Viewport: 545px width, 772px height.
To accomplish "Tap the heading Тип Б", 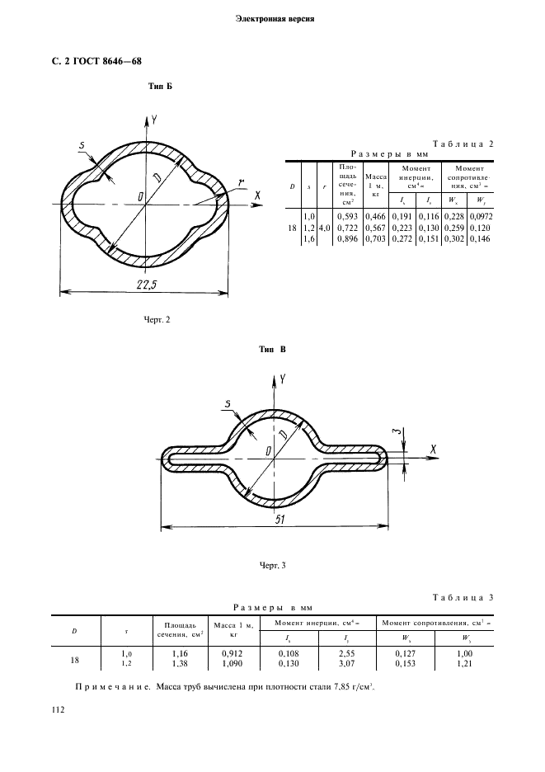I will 159,87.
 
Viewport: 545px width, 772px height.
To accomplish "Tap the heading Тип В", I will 273,350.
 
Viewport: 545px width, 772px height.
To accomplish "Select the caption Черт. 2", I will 157,320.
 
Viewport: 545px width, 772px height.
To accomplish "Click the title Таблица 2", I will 464,143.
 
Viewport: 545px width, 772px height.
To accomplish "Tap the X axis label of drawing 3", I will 433,450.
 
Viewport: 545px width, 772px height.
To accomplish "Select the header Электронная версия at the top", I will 272,18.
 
